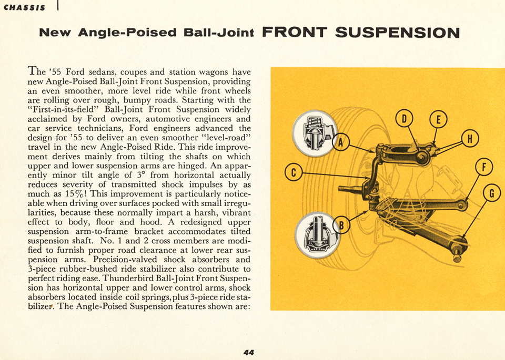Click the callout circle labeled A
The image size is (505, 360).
click(341, 142)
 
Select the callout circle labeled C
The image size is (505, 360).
click(294, 172)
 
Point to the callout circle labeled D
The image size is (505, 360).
click(404, 119)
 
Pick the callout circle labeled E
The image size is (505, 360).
click(437, 120)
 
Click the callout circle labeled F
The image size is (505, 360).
click(484, 168)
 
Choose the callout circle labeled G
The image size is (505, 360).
click(492, 193)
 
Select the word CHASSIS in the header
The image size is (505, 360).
click(24, 7)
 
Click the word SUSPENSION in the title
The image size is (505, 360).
click(397, 33)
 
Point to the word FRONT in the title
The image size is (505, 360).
click(295, 33)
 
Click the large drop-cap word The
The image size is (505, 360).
click(37, 71)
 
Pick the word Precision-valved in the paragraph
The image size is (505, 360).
click(125, 260)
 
